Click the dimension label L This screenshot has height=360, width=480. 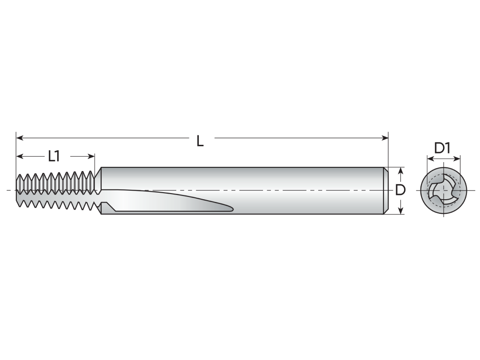pyautogui.click(x=200, y=141)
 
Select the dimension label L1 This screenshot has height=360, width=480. pyautogui.click(x=54, y=157)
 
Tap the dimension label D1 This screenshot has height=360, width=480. pyautogui.click(x=442, y=148)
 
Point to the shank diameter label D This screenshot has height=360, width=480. pyautogui.click(x=400, y=190)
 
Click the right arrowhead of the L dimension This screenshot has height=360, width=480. pyautogui.click(x=385, y=138)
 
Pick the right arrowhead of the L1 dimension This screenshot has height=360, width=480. pyautogui.click(x=91, y=157)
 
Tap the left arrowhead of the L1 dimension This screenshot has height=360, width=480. pyautogui.click(x=20, y=157)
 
